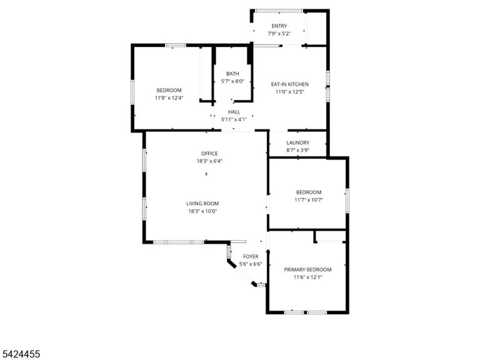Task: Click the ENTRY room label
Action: click(x=279, y=26)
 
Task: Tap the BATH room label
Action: click(x=232, y=74)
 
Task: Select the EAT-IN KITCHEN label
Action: click(x=289, y=84)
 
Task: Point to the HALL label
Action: click(x=234, y=112)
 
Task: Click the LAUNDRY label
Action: click(x=298, y=142)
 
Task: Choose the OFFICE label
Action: click(x=209, y=154)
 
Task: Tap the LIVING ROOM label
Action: click(x=202, y=204)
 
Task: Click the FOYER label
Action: click(x=251, y=256)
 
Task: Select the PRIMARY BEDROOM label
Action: click(x=307, y=270)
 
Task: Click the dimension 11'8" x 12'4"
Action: click(x=169, y=98)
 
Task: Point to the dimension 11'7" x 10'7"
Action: click(x=309, y=200)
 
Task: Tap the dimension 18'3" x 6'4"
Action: click(x=209, y=161)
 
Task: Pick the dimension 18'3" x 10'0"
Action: click(x=202, y=211)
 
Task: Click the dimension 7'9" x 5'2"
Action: click(x=279, y=34)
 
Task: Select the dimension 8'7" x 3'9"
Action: click(x=298, y=150)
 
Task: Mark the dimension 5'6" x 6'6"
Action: click(x=251, y=264)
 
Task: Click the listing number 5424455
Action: click(x=20, y=354)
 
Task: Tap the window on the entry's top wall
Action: click(x=279, y=11)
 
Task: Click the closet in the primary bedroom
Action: click(x=331, y=236)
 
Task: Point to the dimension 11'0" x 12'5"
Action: click(x=289, y=92)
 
